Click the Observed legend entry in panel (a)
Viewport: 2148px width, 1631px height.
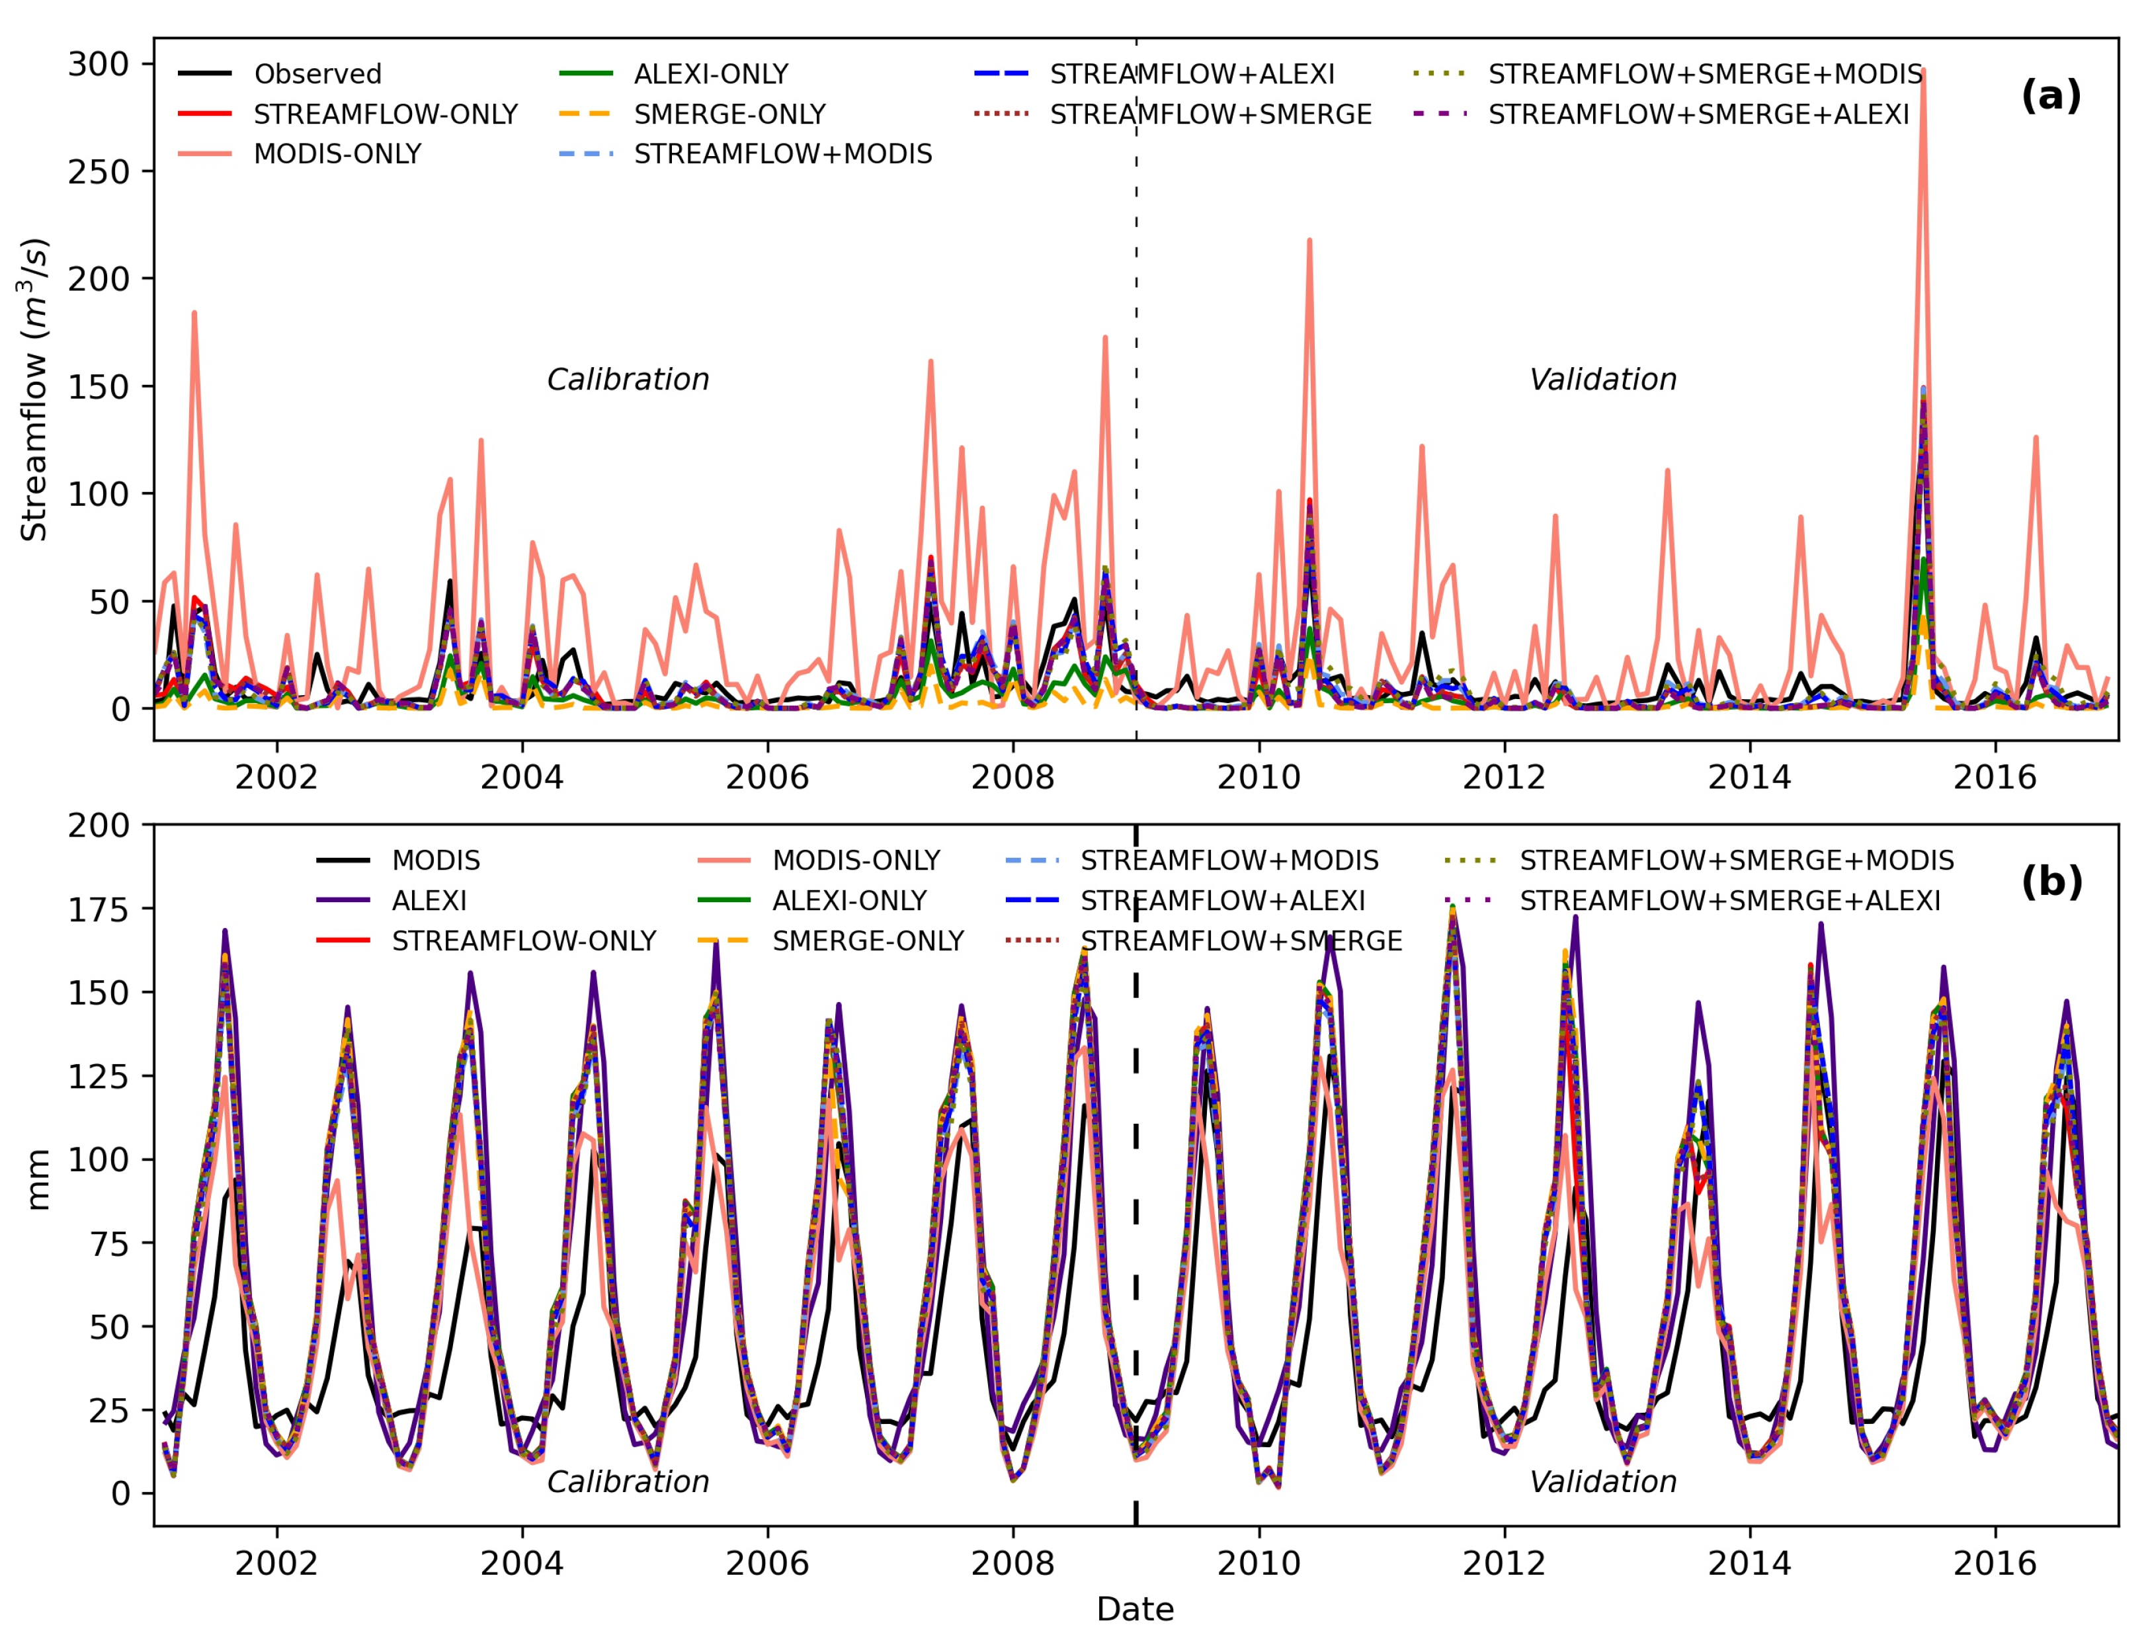tap(317, 74)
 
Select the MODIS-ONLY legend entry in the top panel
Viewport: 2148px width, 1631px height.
tap(337, 153)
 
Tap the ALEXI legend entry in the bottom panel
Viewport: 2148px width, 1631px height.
tap(429, 901)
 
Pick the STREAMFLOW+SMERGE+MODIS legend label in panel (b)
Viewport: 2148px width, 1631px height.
tap(1736, 860)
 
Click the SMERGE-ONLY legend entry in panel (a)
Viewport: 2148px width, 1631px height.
tap(729, 114)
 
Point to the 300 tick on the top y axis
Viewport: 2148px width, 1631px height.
tap(98, 64)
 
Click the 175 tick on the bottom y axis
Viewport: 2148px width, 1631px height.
tap(98, 909)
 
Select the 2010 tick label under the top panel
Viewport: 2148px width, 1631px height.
tap(1259, 777)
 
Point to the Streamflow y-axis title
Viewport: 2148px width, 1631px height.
tap(34, 388)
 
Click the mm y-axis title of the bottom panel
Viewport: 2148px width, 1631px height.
tap(37, 1179)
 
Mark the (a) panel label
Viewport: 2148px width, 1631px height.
tap(2050, 95)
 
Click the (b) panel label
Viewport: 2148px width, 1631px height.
tap(2051, 881)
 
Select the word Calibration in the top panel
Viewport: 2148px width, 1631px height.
tap(628, 379)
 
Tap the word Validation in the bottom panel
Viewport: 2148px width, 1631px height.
tap(1602, 1482)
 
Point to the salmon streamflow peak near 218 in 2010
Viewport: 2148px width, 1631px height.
tap(1309, 240)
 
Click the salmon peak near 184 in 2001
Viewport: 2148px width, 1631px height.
tap(194, 313)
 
